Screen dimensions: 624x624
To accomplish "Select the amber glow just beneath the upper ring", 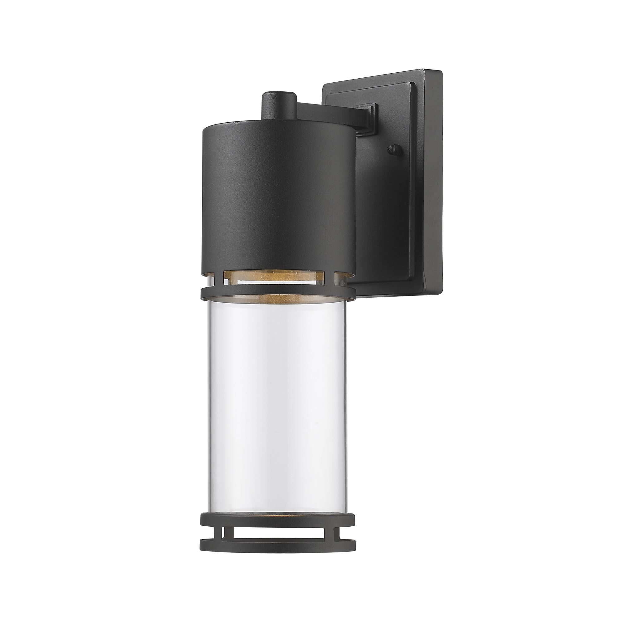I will tap(278, 299).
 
